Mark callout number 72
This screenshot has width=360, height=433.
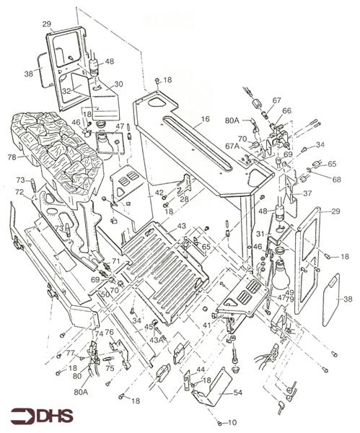[19, 192]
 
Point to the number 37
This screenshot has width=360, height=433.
[307, 193]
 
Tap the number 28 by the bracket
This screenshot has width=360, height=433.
[184, 198]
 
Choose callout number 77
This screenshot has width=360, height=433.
[70, 353]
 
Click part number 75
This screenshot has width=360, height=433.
[110, 367]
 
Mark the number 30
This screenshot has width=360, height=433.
[119, 84]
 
